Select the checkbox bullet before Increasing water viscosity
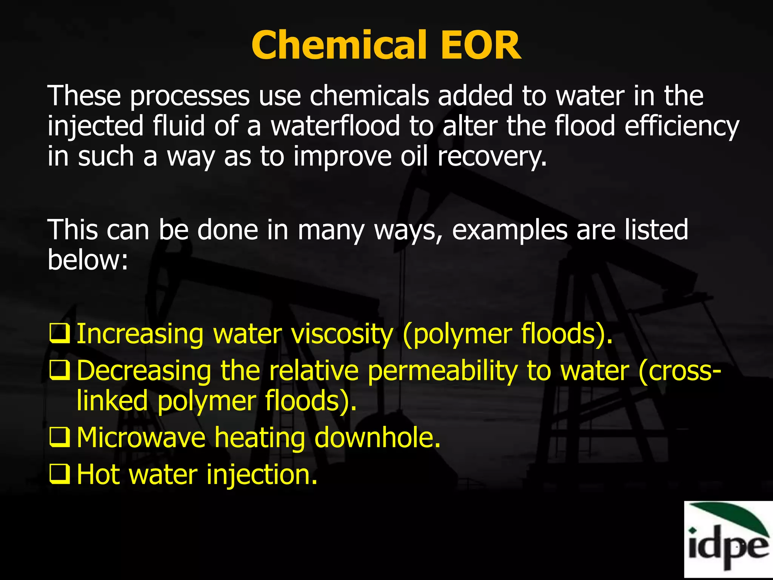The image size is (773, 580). [60, 333]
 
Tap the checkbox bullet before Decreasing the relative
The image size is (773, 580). [60, 370]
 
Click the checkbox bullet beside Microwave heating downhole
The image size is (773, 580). [60, 437]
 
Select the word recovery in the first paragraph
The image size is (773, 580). [491, 157]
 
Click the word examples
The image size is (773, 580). [510, 230]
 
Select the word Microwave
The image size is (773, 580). [141, 438]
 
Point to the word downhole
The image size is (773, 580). [377, 438]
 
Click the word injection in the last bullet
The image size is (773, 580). [262, 475]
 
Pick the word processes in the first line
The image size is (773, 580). [190, 97]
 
